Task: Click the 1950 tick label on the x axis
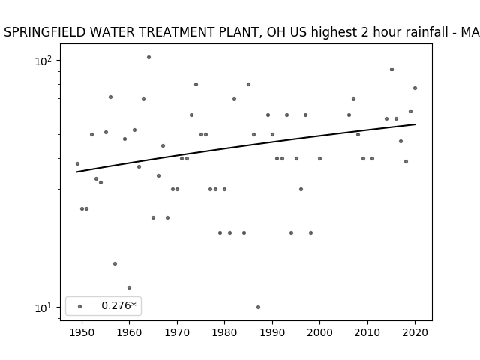[82, 332]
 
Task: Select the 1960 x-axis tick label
[129, 332]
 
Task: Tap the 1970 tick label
[177, 332]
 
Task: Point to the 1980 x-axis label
[224, 332]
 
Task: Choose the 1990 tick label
[272, 332]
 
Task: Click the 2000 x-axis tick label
[319, 332]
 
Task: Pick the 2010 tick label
[367, 332]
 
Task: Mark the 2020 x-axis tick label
[415, 332]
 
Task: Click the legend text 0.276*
[118, 305]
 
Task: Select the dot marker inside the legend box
[80, 306]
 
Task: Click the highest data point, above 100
[148, 57]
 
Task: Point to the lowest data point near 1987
[258, 307]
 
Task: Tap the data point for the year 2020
[415, 88]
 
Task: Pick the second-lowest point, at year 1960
[129, 287]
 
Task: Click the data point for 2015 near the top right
[391, 70]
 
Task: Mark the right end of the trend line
[415, 124]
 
